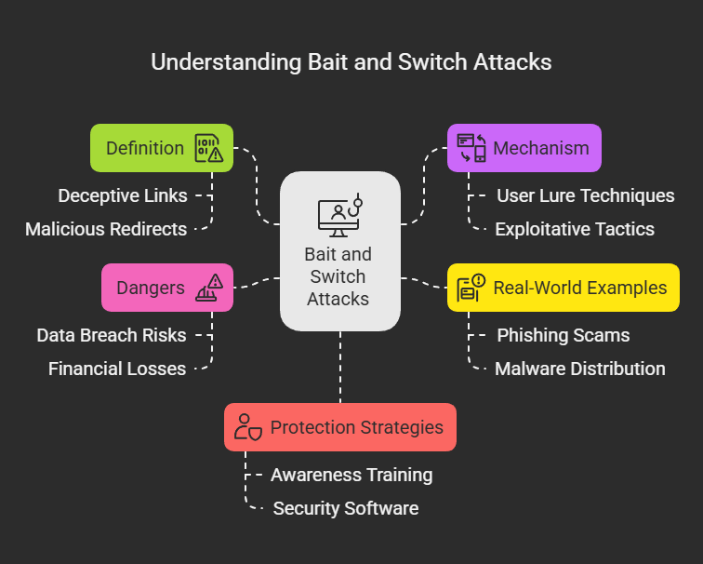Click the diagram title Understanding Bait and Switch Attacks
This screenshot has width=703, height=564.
351,62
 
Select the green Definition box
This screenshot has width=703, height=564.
161,148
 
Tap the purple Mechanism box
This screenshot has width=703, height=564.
524,148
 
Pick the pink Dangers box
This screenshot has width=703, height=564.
166,288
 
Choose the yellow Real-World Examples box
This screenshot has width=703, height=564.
563,288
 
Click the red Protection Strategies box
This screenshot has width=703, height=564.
339,427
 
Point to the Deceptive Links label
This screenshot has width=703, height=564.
122,195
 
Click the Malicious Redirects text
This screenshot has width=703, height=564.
106,229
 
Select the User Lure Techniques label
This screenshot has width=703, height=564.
585,195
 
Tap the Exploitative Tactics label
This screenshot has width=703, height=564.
574,229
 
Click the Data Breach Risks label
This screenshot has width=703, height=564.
112,335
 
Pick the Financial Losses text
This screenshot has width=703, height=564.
117,369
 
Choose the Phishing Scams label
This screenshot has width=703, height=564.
563,335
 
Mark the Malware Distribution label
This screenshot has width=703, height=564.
579,369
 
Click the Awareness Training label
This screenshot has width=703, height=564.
351,475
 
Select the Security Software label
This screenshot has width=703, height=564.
345,508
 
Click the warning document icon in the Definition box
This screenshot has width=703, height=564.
208,148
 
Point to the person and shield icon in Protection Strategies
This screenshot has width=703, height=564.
248,427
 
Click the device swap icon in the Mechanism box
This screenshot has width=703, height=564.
471,148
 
